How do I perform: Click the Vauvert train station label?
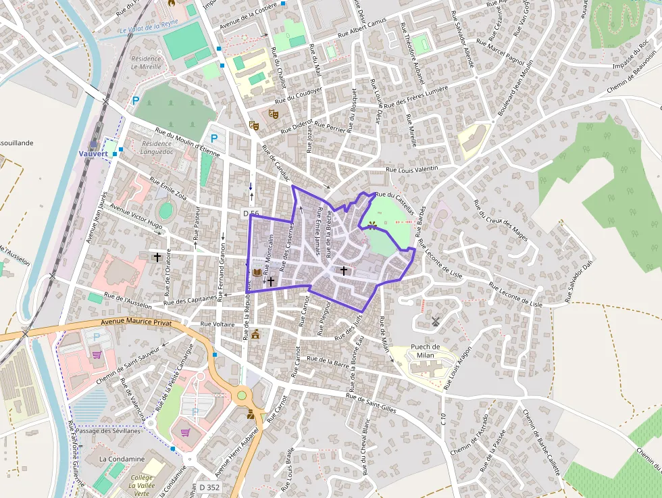coord(93,153)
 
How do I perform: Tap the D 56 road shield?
coord(251,214)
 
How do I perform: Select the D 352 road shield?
coord(210,487)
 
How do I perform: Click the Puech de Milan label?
coord(425,351)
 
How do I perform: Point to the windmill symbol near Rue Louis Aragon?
coord(436,321)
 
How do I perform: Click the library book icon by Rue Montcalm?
coord(257,272)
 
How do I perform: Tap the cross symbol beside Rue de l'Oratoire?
coord(158,257)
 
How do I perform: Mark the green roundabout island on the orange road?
coord(242,395)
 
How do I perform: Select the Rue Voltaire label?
coord(217,324)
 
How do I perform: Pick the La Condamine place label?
coord(122,459)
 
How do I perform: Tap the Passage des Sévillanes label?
coord(108,430)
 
